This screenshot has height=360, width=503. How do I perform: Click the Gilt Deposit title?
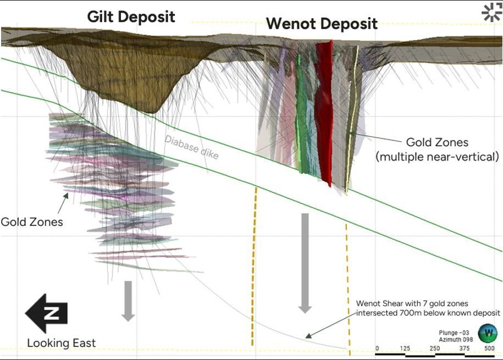131,16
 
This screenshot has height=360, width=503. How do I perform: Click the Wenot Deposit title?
322,24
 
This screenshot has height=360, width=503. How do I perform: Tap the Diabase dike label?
191,147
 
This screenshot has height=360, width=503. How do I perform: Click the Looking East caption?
61,344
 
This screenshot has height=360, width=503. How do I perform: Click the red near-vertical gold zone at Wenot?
324,110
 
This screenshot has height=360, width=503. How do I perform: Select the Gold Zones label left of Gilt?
31,222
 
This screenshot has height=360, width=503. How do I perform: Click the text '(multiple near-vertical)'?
437,157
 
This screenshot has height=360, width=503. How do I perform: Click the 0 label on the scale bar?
377,348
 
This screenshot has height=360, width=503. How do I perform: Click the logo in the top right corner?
491,12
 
